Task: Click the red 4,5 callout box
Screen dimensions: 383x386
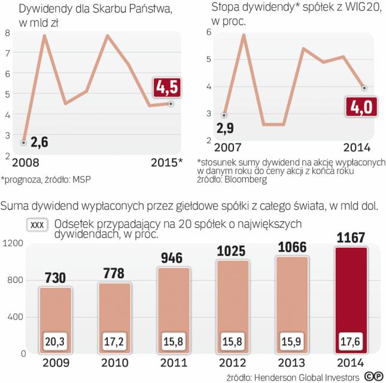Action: point(167,88)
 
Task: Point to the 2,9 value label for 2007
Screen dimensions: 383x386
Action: point(224,127)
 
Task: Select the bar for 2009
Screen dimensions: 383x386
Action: point(56,320)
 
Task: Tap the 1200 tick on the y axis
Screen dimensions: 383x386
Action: point(13,243)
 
